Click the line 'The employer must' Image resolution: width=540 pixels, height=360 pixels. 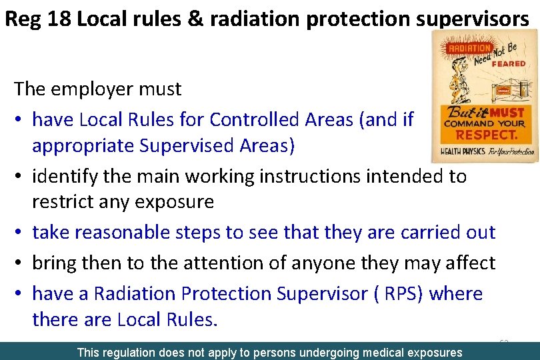(x=97, y=88)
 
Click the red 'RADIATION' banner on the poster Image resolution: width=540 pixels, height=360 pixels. (x=469, y=49)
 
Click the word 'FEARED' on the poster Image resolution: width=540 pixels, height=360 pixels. (x=509, y=64)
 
